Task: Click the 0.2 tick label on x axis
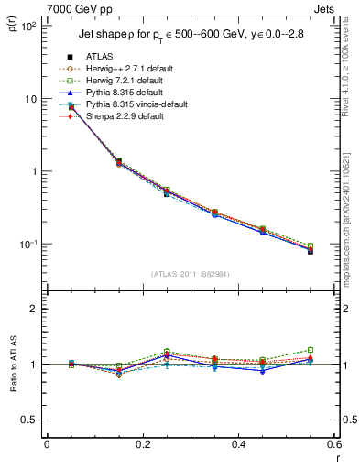tap(142, 445)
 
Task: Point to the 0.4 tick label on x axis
tap(238, 445)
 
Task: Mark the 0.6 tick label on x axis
tap(333, 445)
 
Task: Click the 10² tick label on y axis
tap(29, 27)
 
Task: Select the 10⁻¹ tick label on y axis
tap(29, 245)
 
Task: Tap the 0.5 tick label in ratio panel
tap(29, 420)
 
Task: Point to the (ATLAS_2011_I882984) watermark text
tap(190, 275)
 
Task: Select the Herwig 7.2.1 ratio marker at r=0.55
tap(311, 350)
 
